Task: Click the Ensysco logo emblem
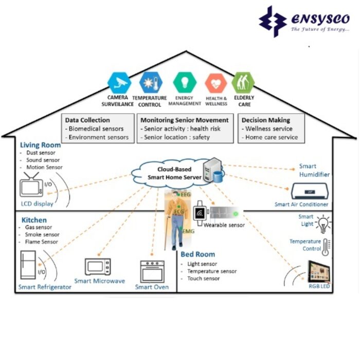[x=273, y=21]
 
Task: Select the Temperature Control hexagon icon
[x=151, y=82]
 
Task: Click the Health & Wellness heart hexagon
[x=215, y=83]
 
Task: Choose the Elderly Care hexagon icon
[x=243, y=82]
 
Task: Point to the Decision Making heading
[x=266, y=120]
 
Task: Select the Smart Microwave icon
[x=98, y=266]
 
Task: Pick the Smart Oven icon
[x=152, y=271]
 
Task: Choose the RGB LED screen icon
[x=318, y=271]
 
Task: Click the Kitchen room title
[x=34, y=220]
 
